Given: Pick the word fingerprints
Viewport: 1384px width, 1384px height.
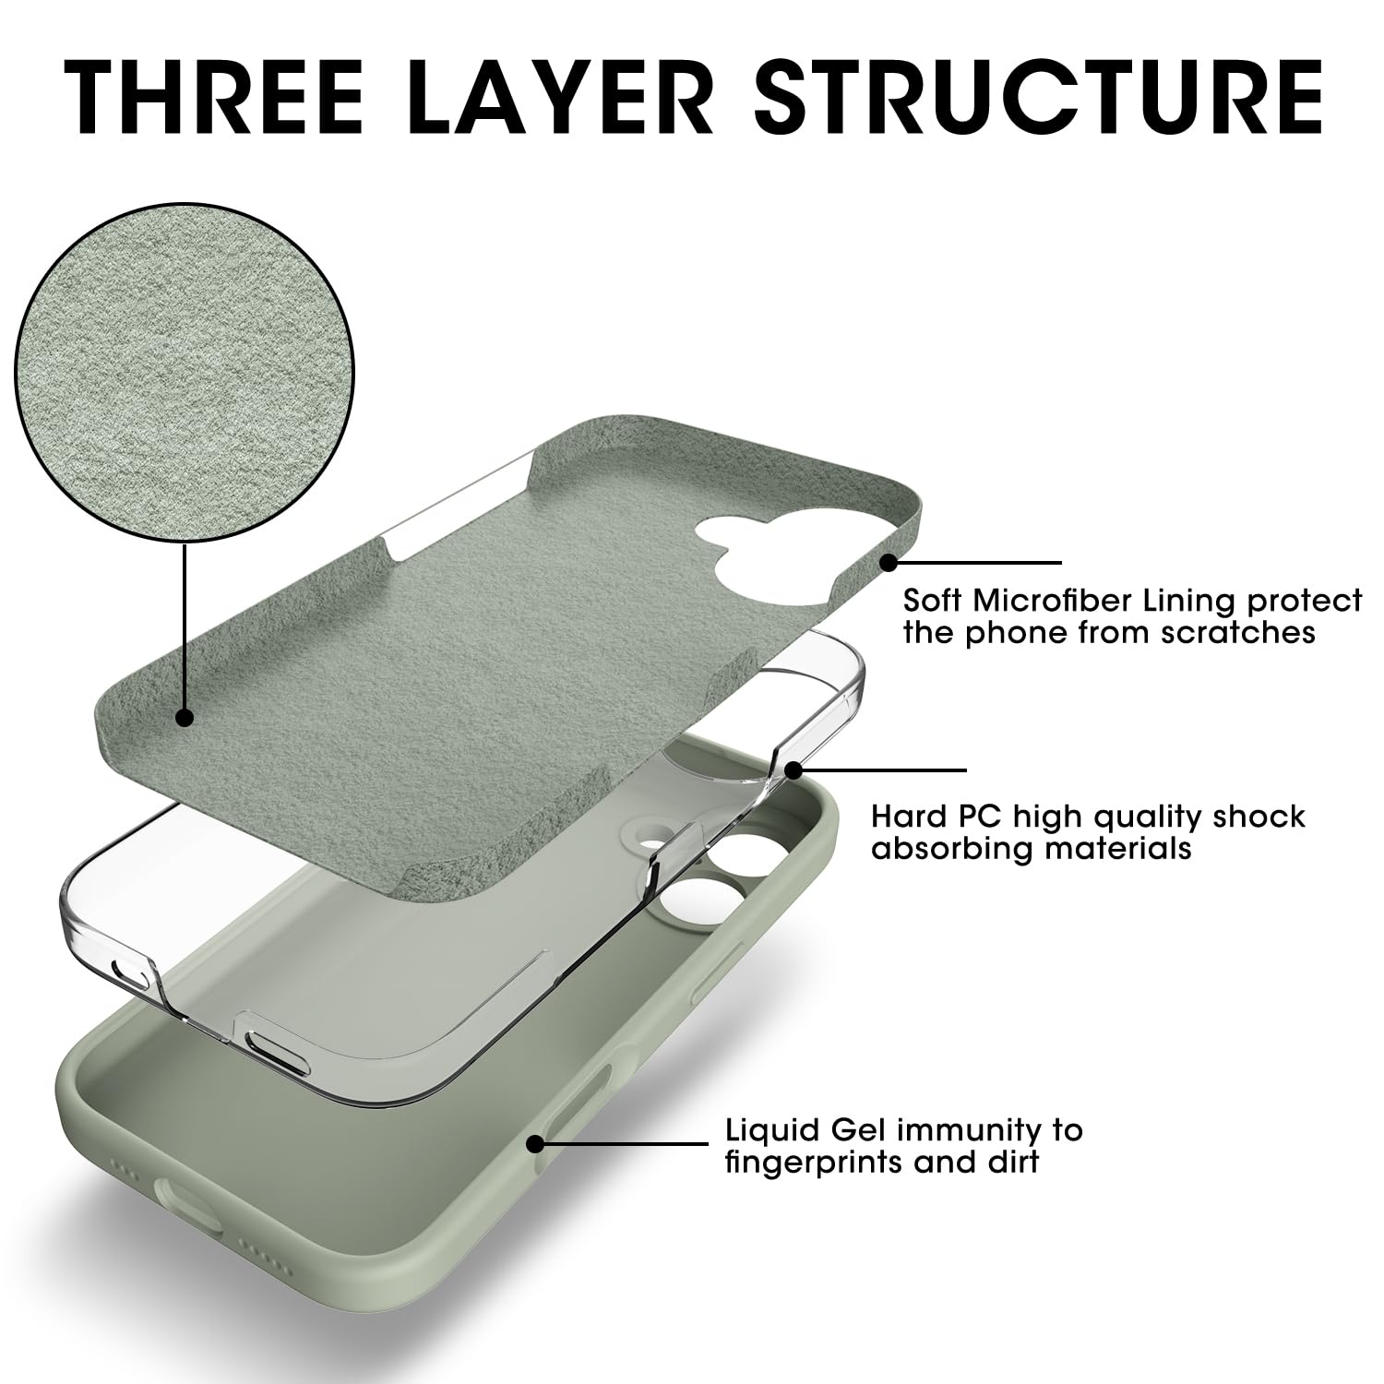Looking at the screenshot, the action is pyautogui.click(x=812, y=1161).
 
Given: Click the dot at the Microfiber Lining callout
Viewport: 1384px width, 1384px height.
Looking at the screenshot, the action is pyautogui.click(x=889, y=562).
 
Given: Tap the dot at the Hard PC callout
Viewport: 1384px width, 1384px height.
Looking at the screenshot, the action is pyautogui.click(x=793, y=770).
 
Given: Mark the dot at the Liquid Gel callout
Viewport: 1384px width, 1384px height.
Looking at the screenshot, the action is pyautogui.click(x=534, y=1144).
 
